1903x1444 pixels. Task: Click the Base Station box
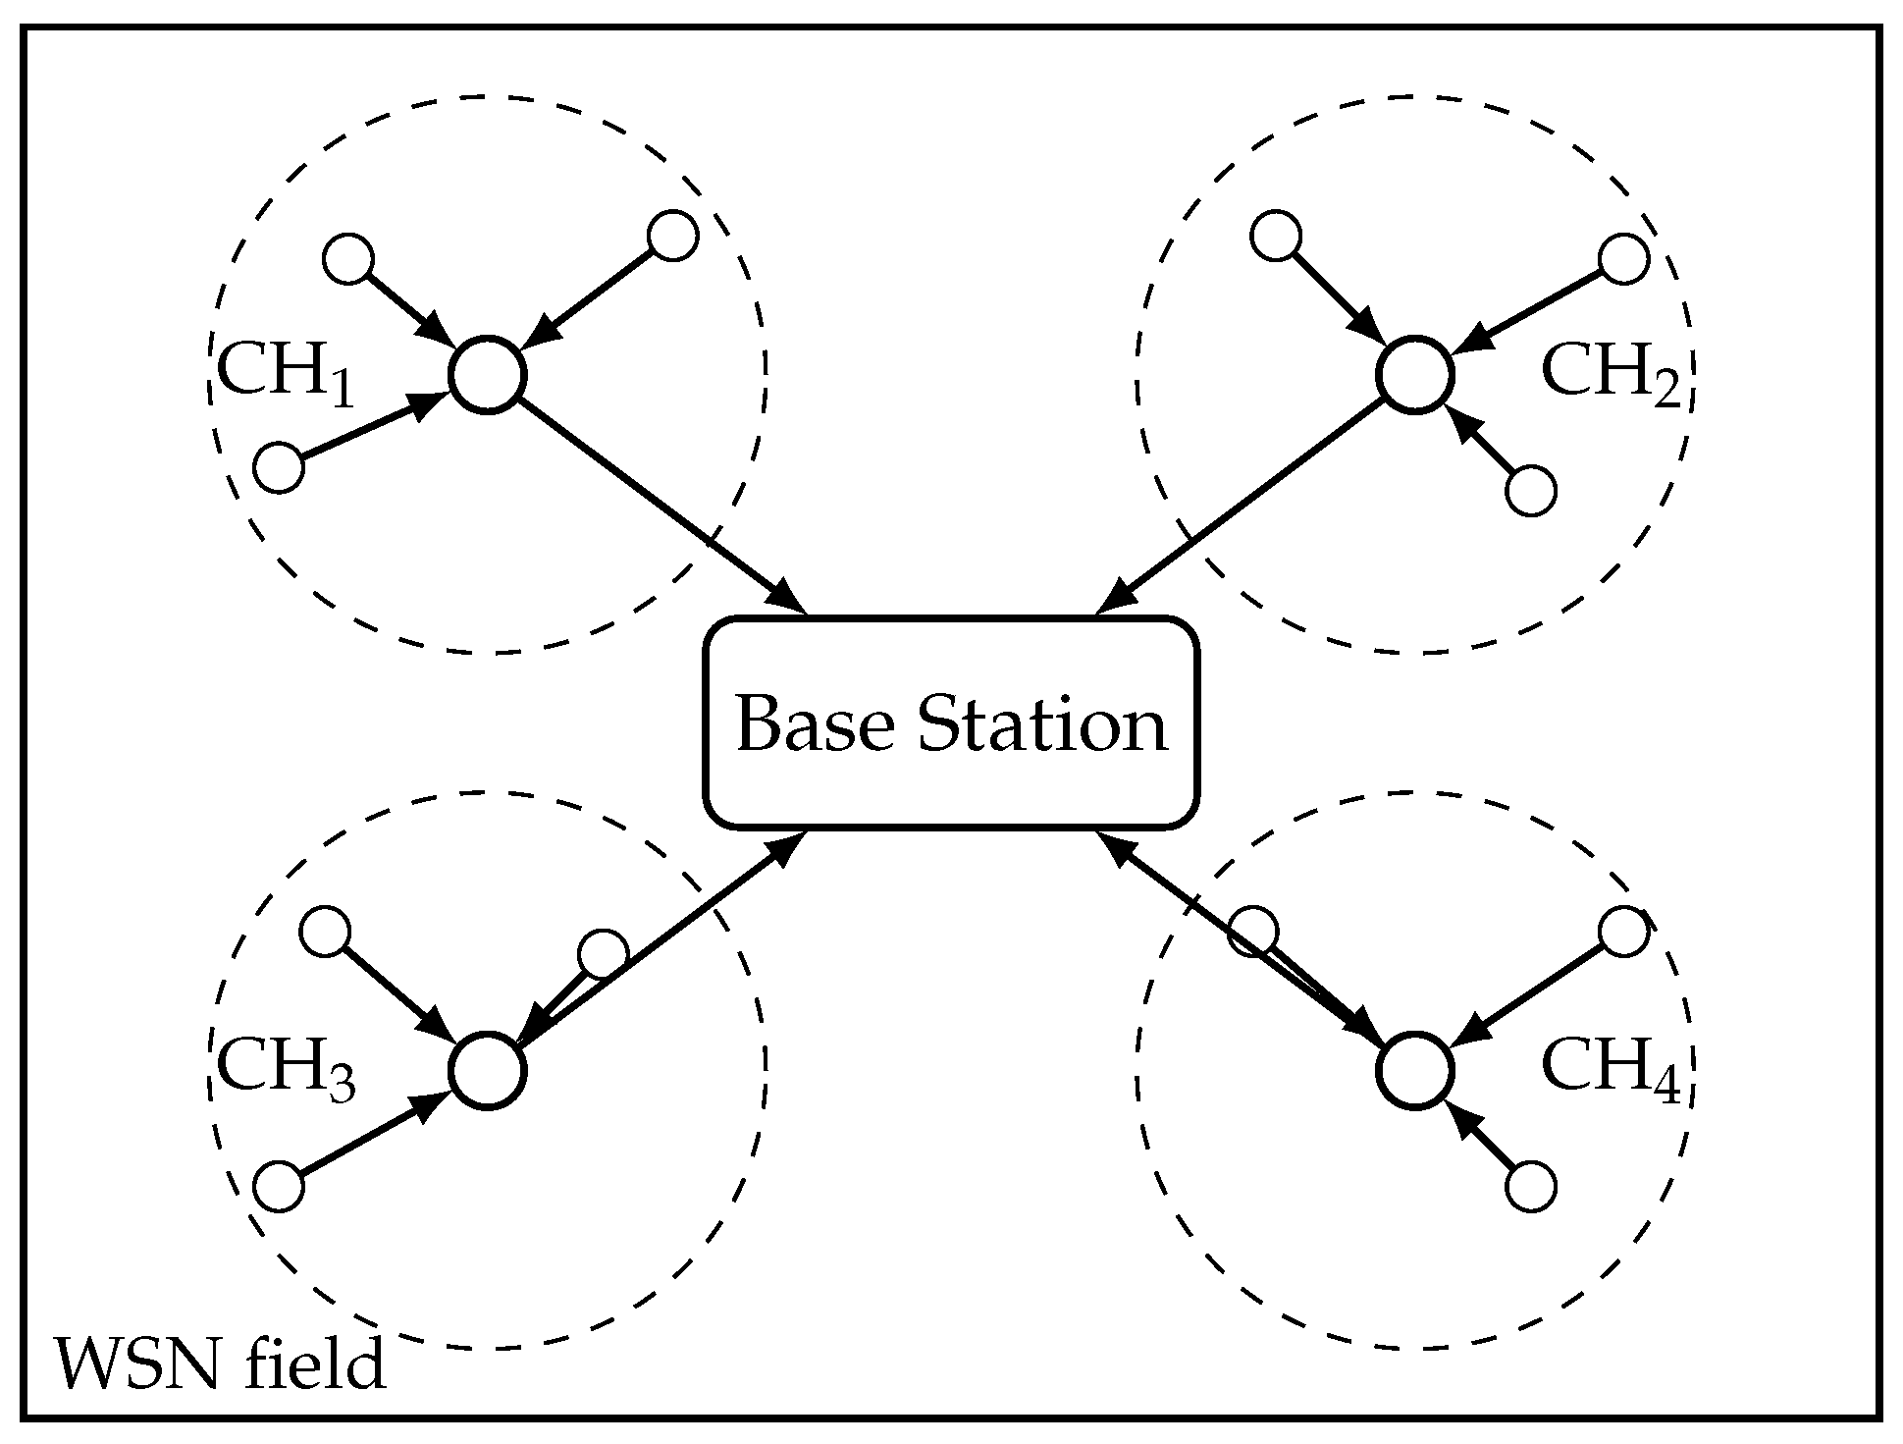pyautogui.click(x=951, y=723)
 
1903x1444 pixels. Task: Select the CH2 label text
pyautogui.click(x=1611, y=376)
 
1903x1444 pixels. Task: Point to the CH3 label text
pyautogui.click(x=285, y=1070)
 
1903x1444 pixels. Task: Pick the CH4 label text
pyautogui.click(x=1611, y=1070)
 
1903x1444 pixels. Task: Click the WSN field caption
pyautogui.click(x=220, y=1364)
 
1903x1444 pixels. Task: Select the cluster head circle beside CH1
pyautogui.click(x=488, y=375)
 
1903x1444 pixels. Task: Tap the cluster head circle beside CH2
pyautogui.click(x=1414, y=375)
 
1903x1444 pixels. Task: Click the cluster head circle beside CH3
pyautogui.click(x=488, y=1071)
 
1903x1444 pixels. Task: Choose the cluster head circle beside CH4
pyautogui.click(x=1414, y=1071)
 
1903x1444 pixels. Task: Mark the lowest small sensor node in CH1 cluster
pyautogui.click(x=279, y=467)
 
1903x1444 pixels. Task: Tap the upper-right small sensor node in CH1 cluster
pyautogui.click(x=673, y=236)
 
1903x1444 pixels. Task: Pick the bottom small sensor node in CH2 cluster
pyautogui.click(x=1530, y=492)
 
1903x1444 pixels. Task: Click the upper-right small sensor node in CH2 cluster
pyautogui.click(x=1624, y=259)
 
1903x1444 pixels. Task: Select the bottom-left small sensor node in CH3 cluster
pyautogui.click(x=279, y=1187)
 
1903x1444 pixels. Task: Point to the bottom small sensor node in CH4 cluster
pyautogui.click(x=1530, y=1187)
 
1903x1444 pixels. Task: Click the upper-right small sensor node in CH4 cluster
pyautogui.click(x=1624, y=932)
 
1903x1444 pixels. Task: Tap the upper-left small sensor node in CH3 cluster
pyautogui.click(x=325, y=932)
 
